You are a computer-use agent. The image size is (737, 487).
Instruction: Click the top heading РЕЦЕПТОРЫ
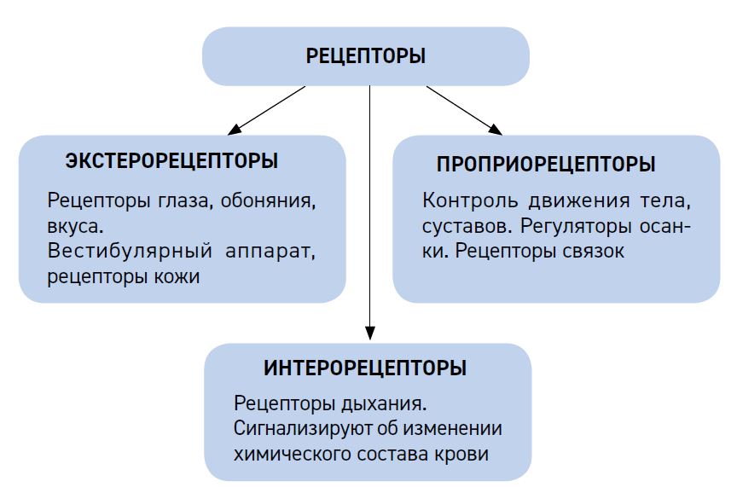[x=366, y=56]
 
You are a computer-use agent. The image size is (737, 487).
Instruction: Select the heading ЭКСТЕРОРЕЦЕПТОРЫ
[x=171, y=160]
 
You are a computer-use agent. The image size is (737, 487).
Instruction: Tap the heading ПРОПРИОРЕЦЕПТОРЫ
[x=546, y=164]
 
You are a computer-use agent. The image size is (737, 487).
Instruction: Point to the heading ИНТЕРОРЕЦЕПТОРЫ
[x=365, y=368]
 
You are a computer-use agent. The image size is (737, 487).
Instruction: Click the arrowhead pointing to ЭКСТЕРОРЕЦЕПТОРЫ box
[x=234, y=130]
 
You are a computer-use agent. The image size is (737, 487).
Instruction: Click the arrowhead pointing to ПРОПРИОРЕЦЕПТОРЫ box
[x=496, y=129]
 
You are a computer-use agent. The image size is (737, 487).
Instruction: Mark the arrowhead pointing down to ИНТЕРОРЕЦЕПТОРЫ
[x=370, y=333]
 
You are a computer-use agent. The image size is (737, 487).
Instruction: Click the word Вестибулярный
[x=130, y=251]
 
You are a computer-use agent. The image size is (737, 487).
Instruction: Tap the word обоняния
[x=268, y=201]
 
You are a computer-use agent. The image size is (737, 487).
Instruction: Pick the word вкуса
[x=75, y=227]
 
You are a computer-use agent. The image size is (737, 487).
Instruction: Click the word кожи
[x=177, y=277]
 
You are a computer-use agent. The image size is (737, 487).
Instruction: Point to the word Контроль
[x=470, y=200]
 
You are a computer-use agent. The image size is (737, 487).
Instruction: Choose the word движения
[x=578, y=201]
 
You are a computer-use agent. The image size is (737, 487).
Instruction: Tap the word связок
[x=593, y=252]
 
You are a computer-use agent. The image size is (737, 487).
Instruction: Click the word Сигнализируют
[x=308, y=429]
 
